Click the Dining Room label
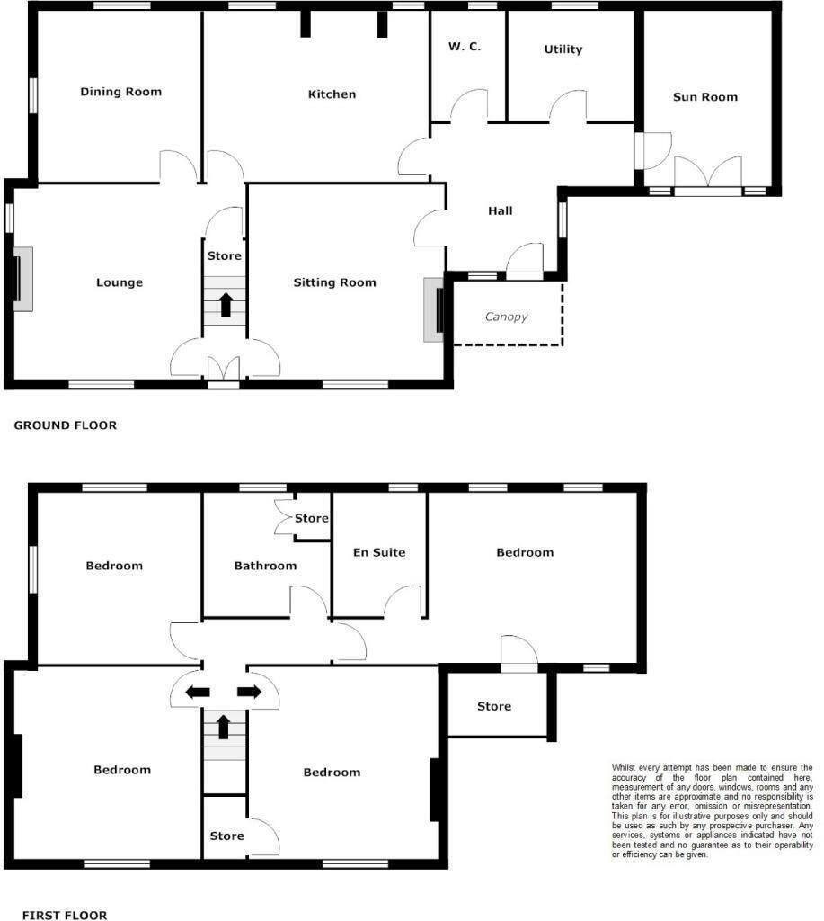[121, 92]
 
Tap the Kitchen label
[332, 94]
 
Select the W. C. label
[465, 47]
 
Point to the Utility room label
[563, 49]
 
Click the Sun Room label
[705, 97]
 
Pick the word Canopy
[506, 317]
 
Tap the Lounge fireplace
[22, 279]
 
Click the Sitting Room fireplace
[434, 309]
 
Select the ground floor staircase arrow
[226, 305]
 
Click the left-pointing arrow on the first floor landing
[198, 693]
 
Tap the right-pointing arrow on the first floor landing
[250, 692]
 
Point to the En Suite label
[379, 552]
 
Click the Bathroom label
[265, 566]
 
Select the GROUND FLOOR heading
[65, 425]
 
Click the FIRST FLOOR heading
[65, 915]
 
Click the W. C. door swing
[469, 106]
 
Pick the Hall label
[500, 210]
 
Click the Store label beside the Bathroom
[312, 518]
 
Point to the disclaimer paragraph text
[713, 810]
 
